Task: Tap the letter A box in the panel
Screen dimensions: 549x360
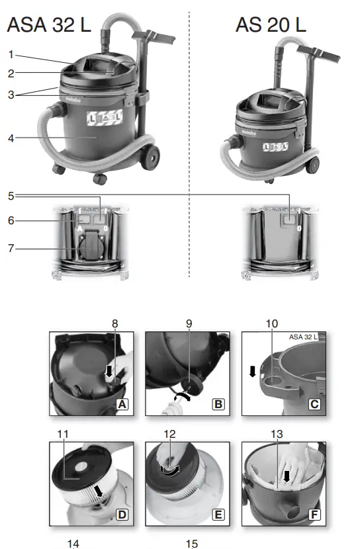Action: click(x=122, y=403)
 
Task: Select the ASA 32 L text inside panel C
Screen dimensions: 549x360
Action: click(x=303, y=337)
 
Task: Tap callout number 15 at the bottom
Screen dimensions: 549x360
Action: click(x=192, y=544)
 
